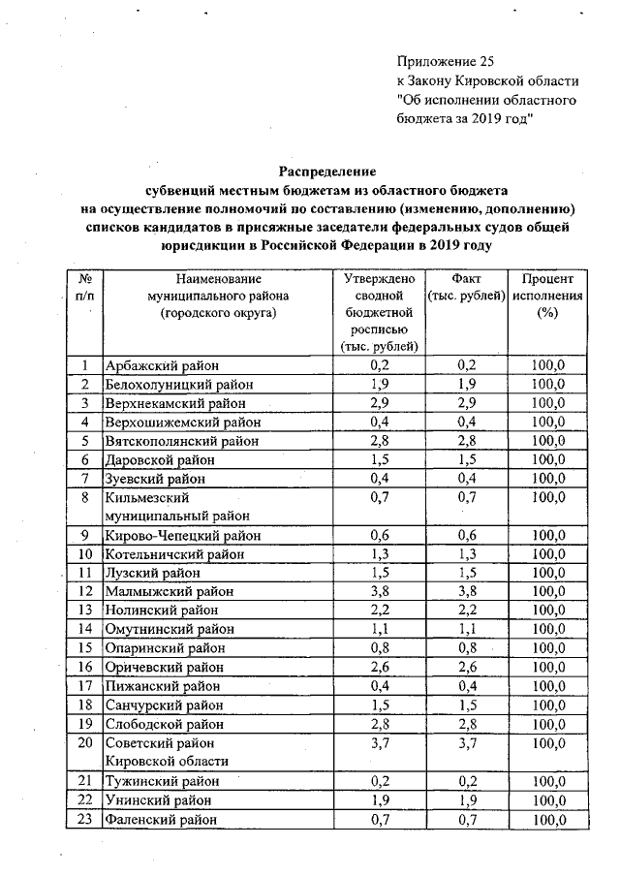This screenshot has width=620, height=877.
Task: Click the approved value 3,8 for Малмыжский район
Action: tap(380, 591)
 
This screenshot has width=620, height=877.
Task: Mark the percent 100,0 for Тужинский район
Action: tap(549, 781)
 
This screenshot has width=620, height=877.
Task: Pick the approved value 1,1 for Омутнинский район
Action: tap(380, 629)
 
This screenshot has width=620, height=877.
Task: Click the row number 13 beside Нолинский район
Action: tap(85, 611)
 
